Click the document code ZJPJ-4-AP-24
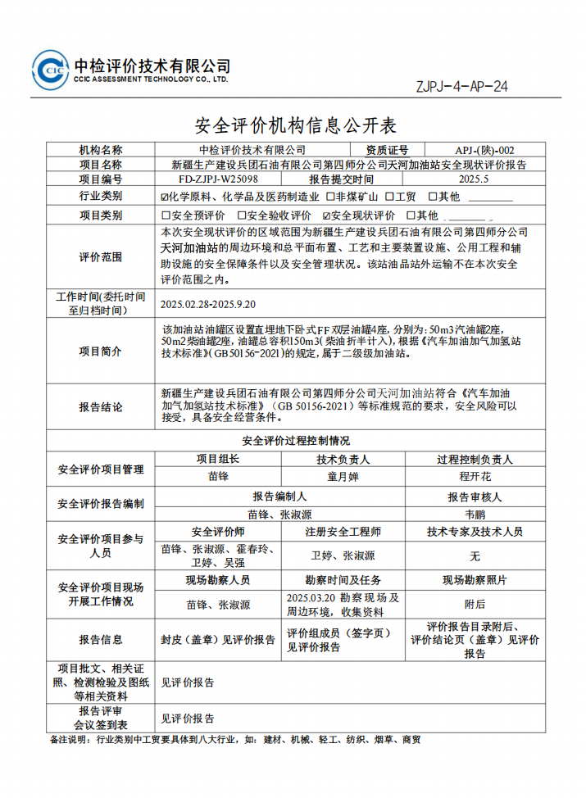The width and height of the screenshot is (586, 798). (461, 86)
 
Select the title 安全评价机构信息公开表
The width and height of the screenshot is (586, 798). (293, 125)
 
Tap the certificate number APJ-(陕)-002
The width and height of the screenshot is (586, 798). (485, 150)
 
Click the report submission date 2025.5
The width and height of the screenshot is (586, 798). (474, 179)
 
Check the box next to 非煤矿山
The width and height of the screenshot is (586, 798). (329, 197)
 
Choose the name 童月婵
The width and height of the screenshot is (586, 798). (343, 475)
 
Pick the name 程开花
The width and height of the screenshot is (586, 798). (475, 475)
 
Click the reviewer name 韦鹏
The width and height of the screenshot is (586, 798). (475, 515)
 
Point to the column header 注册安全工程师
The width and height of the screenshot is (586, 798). (343, 532)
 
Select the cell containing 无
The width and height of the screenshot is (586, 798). (475, 555)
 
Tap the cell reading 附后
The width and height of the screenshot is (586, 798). (475, 605)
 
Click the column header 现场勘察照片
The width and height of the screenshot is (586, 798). (475, 580)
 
